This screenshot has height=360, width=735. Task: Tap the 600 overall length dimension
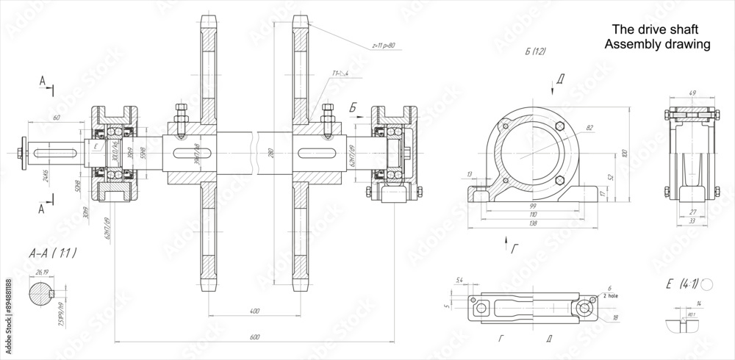tap(254, 337)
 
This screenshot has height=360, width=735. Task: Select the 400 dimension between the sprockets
tap(254, 312)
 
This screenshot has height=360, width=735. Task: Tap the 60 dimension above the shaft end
tap(57, 117)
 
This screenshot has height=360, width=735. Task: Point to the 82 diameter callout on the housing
tap(589, 129)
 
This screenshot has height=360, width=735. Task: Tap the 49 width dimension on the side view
tap(692, 93)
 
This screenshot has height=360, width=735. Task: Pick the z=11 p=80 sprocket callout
tap(383, 45)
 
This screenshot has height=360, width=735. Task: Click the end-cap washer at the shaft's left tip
tap(25, 152)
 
